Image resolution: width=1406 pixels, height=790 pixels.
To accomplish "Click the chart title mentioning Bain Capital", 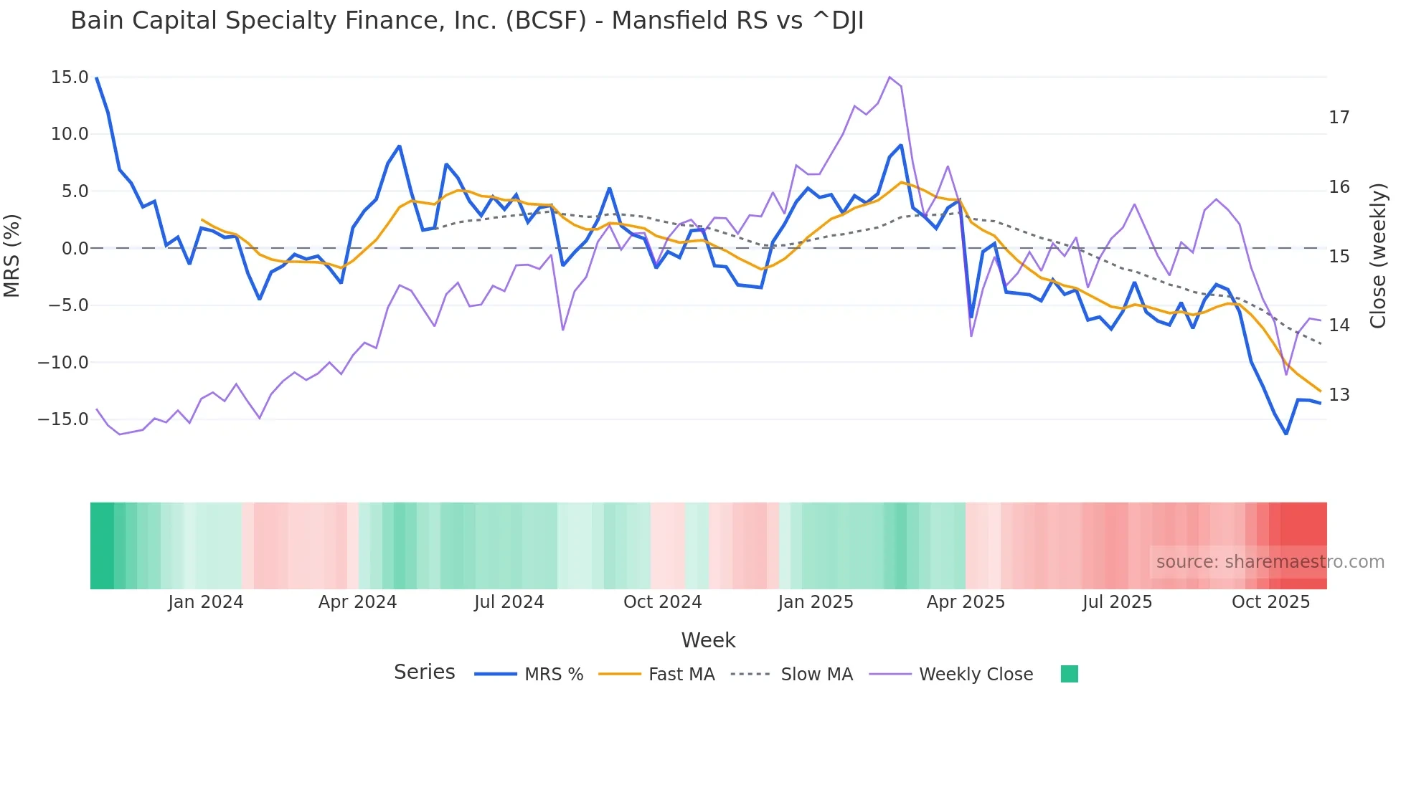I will click(467, 21).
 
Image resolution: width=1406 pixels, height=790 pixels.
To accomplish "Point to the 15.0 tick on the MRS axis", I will click(70, 77).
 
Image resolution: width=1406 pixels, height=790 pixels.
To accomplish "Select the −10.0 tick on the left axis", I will click(63, 363).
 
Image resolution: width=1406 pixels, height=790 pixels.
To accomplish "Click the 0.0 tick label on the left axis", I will click(75, 249).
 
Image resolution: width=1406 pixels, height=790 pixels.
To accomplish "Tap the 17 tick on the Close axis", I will click(1339, 118).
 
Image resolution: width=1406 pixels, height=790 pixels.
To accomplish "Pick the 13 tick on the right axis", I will click(1339, 395).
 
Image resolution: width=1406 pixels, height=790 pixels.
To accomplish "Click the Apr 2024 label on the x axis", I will click(357, 602).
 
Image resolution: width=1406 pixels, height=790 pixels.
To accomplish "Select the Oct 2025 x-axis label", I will click(1270, 602).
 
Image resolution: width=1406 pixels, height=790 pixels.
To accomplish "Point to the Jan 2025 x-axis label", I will click(815, 602).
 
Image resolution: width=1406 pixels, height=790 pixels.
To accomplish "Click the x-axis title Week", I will click(708, 640).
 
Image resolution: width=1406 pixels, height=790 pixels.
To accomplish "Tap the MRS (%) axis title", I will click(12, 255).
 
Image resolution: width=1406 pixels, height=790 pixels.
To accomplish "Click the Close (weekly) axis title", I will click(1377, 256).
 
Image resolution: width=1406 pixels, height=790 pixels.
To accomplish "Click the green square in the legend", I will click(1069, 675).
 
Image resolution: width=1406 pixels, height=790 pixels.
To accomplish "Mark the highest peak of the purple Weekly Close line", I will click(890, 77).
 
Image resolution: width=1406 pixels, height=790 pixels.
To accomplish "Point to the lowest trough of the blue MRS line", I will click(1286, 434).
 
